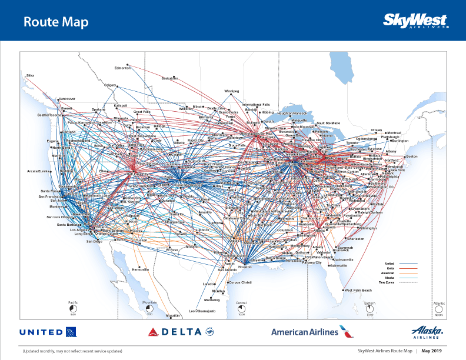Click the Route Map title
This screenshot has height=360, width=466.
pos(56,22)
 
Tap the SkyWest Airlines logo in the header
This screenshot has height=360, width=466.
pos(416,21)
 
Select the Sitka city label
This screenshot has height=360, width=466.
pos(31,75)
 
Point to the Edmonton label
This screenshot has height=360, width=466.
pos(122,68)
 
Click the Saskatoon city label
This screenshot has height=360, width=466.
pos(169,78)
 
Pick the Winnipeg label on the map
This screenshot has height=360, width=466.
pos(232,91)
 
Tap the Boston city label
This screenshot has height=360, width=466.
pos(411,156)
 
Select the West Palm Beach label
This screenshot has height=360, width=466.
pos(358,290)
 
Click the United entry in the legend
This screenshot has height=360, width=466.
pos(390,264)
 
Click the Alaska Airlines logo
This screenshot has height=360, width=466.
pos(427,332)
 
